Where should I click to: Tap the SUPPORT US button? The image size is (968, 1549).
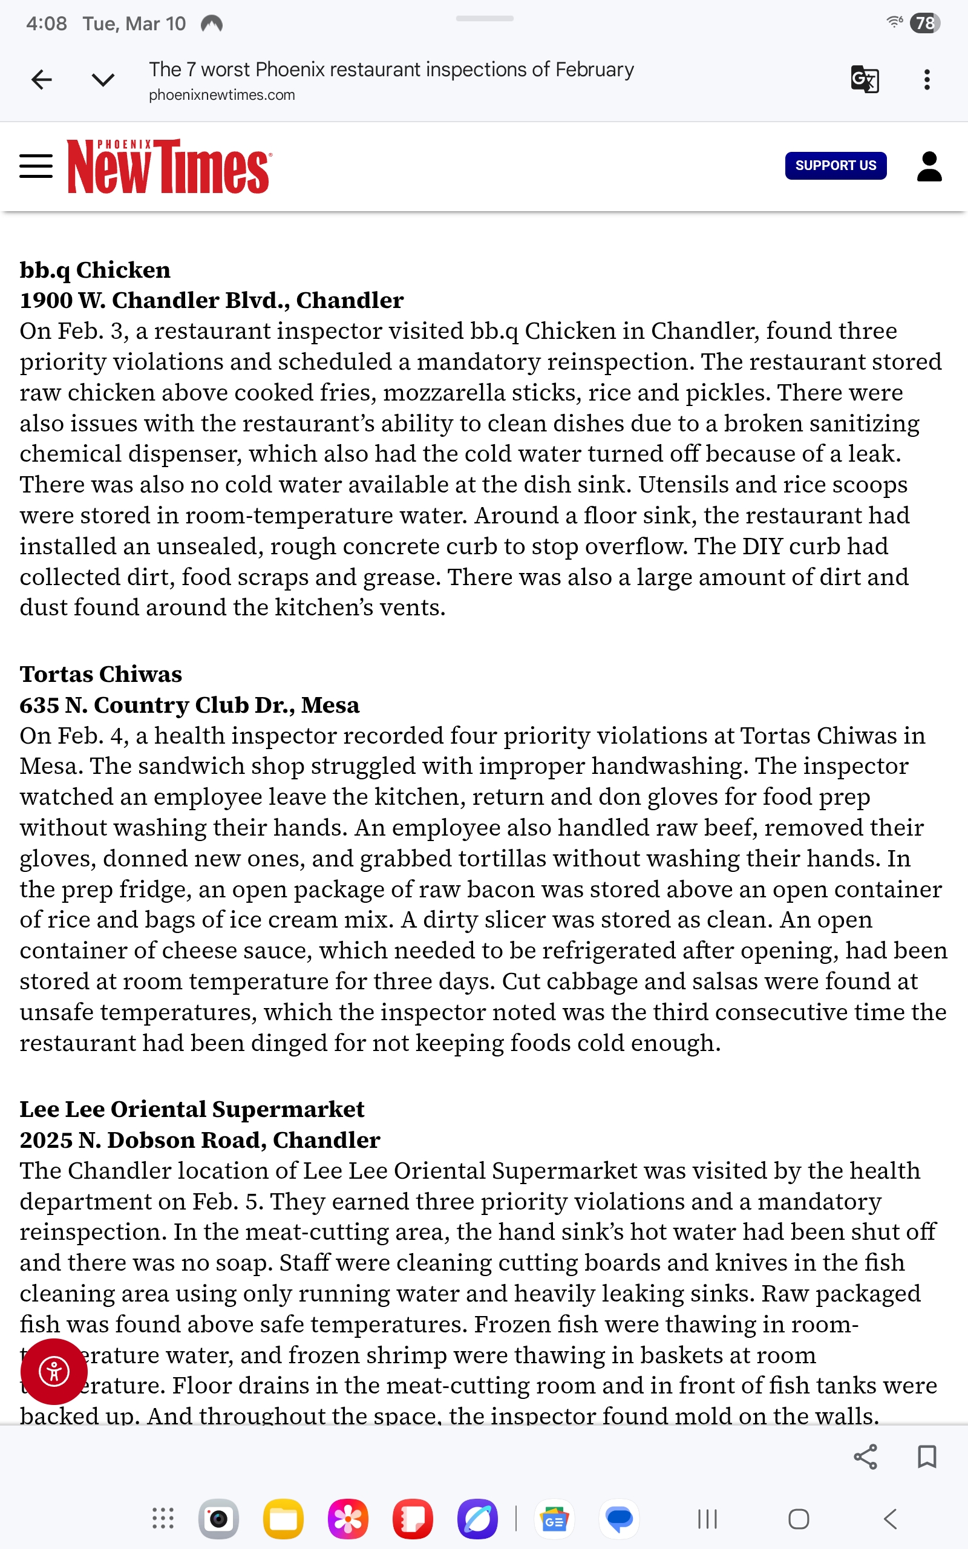pos(836,166)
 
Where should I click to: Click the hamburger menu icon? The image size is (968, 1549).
pos(36,166)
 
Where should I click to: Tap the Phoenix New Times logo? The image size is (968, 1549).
pos(169,166)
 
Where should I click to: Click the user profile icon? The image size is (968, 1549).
pos(929,166)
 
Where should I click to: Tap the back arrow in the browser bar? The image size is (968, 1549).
pos(42,79)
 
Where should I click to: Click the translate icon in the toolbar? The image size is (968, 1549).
pos(865,79)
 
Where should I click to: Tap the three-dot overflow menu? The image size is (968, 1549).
pos(926,79)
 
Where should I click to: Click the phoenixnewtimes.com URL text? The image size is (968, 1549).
pos(221,95)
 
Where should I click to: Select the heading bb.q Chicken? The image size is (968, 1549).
pos(95,270)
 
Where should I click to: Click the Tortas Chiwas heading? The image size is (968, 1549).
pos(100,674)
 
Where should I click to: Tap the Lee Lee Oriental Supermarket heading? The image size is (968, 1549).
pos(191,1109)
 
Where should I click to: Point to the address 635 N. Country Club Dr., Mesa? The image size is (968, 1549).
pos(189,705)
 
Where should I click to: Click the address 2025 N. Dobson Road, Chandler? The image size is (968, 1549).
pos(200,1139)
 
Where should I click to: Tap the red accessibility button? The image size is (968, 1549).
pos(54,1371)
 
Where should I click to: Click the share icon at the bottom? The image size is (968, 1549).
pos(865,1457)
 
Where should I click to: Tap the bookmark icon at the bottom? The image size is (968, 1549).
pos(926,1457)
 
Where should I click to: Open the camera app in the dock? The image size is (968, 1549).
pos(218,1519)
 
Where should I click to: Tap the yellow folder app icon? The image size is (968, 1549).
pos(283,1519)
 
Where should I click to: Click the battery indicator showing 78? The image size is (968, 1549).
pos(924,23)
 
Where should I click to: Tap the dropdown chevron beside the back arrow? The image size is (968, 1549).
pos(102,79)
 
